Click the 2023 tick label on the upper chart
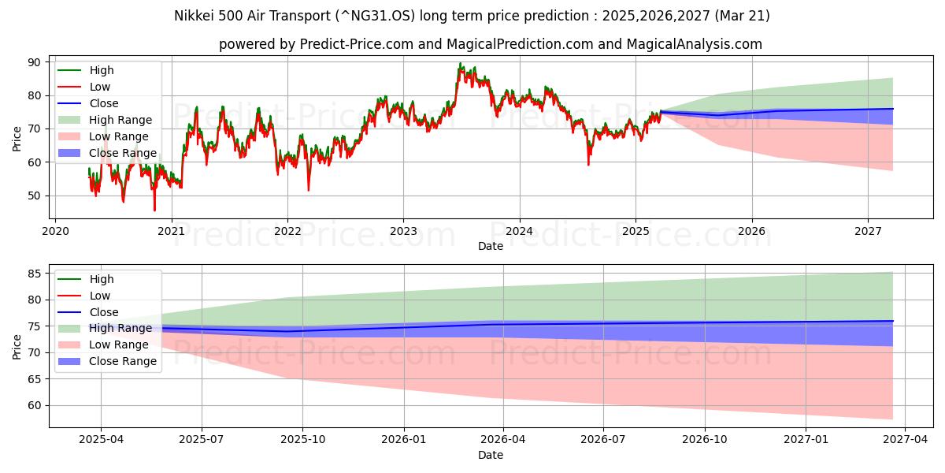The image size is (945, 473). [x=403, y=232]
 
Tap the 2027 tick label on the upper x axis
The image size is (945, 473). [x=868, y=232]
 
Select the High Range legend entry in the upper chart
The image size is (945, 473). [x=120, y=120]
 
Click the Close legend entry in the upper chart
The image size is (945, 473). [x=104, y=103]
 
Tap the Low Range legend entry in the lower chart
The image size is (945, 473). [x=119, y=345]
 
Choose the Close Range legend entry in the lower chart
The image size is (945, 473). [x=123, y=361]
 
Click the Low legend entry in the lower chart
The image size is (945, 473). [x=100, y=296]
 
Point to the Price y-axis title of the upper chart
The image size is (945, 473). [x=17, y=138]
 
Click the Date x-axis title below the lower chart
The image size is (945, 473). [x=490, y=455]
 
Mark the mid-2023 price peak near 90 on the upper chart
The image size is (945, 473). [x=460, y=64]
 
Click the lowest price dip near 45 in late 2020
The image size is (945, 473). [x=154, y=210]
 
